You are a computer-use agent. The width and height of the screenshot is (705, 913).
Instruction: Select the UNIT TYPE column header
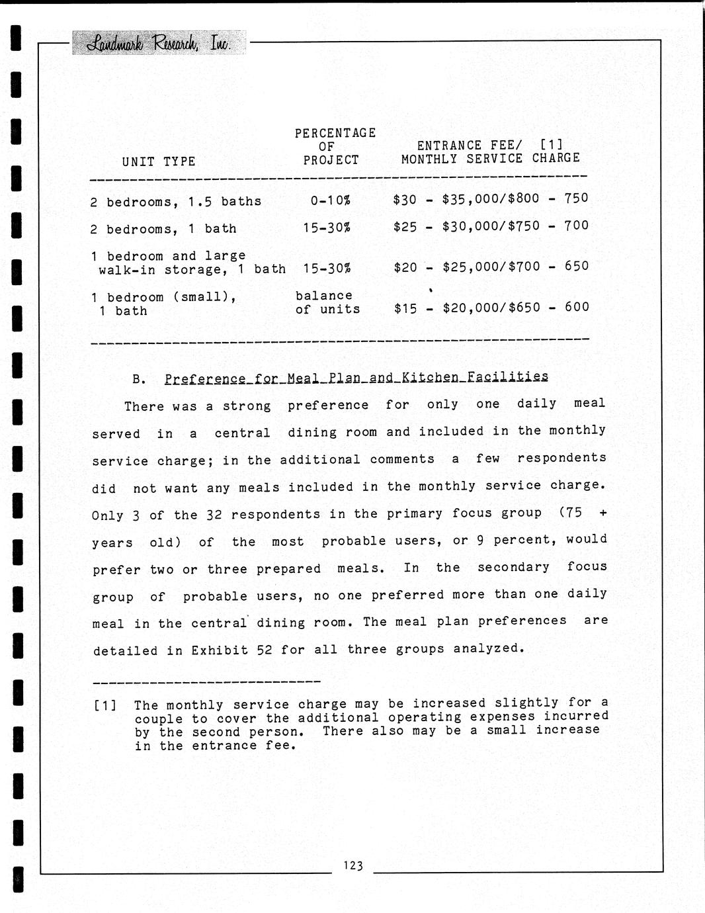pyautogui.click(x=159, y=161)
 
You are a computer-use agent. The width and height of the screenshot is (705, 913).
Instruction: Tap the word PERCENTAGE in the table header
pyautogui.click(x=335, y=133)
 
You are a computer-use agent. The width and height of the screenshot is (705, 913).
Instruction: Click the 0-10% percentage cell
pyautogui.click(x=330, y=200)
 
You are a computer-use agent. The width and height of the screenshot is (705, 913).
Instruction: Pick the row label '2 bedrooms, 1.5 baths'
pyautogui.click(x=176, y=201)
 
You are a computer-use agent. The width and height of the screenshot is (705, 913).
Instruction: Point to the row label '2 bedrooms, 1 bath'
pyautogui.click(x=163, y=229)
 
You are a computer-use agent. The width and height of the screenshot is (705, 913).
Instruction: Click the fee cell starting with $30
pyautogui.click(x=490, y=198)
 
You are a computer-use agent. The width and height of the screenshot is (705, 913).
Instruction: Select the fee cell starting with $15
pyautogui.click(x=491, y=307)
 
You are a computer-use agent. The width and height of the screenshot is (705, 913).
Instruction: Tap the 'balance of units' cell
pyautogui.click(x=327, y=302)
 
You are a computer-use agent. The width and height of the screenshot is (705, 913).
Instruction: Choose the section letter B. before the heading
pyautogui.click(x=138, y=380)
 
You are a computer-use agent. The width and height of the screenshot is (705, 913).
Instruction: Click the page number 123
pyautogui.click(x=353, y=865)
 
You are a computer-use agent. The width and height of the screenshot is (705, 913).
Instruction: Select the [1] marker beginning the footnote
pyautogui.click(x=106, y=705)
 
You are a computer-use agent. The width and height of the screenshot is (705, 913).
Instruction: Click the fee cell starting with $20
pyautogui.click(x=490, y=266)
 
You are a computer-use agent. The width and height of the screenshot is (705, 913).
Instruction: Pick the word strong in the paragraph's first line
pyautogui.click(x=246, y=406)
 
